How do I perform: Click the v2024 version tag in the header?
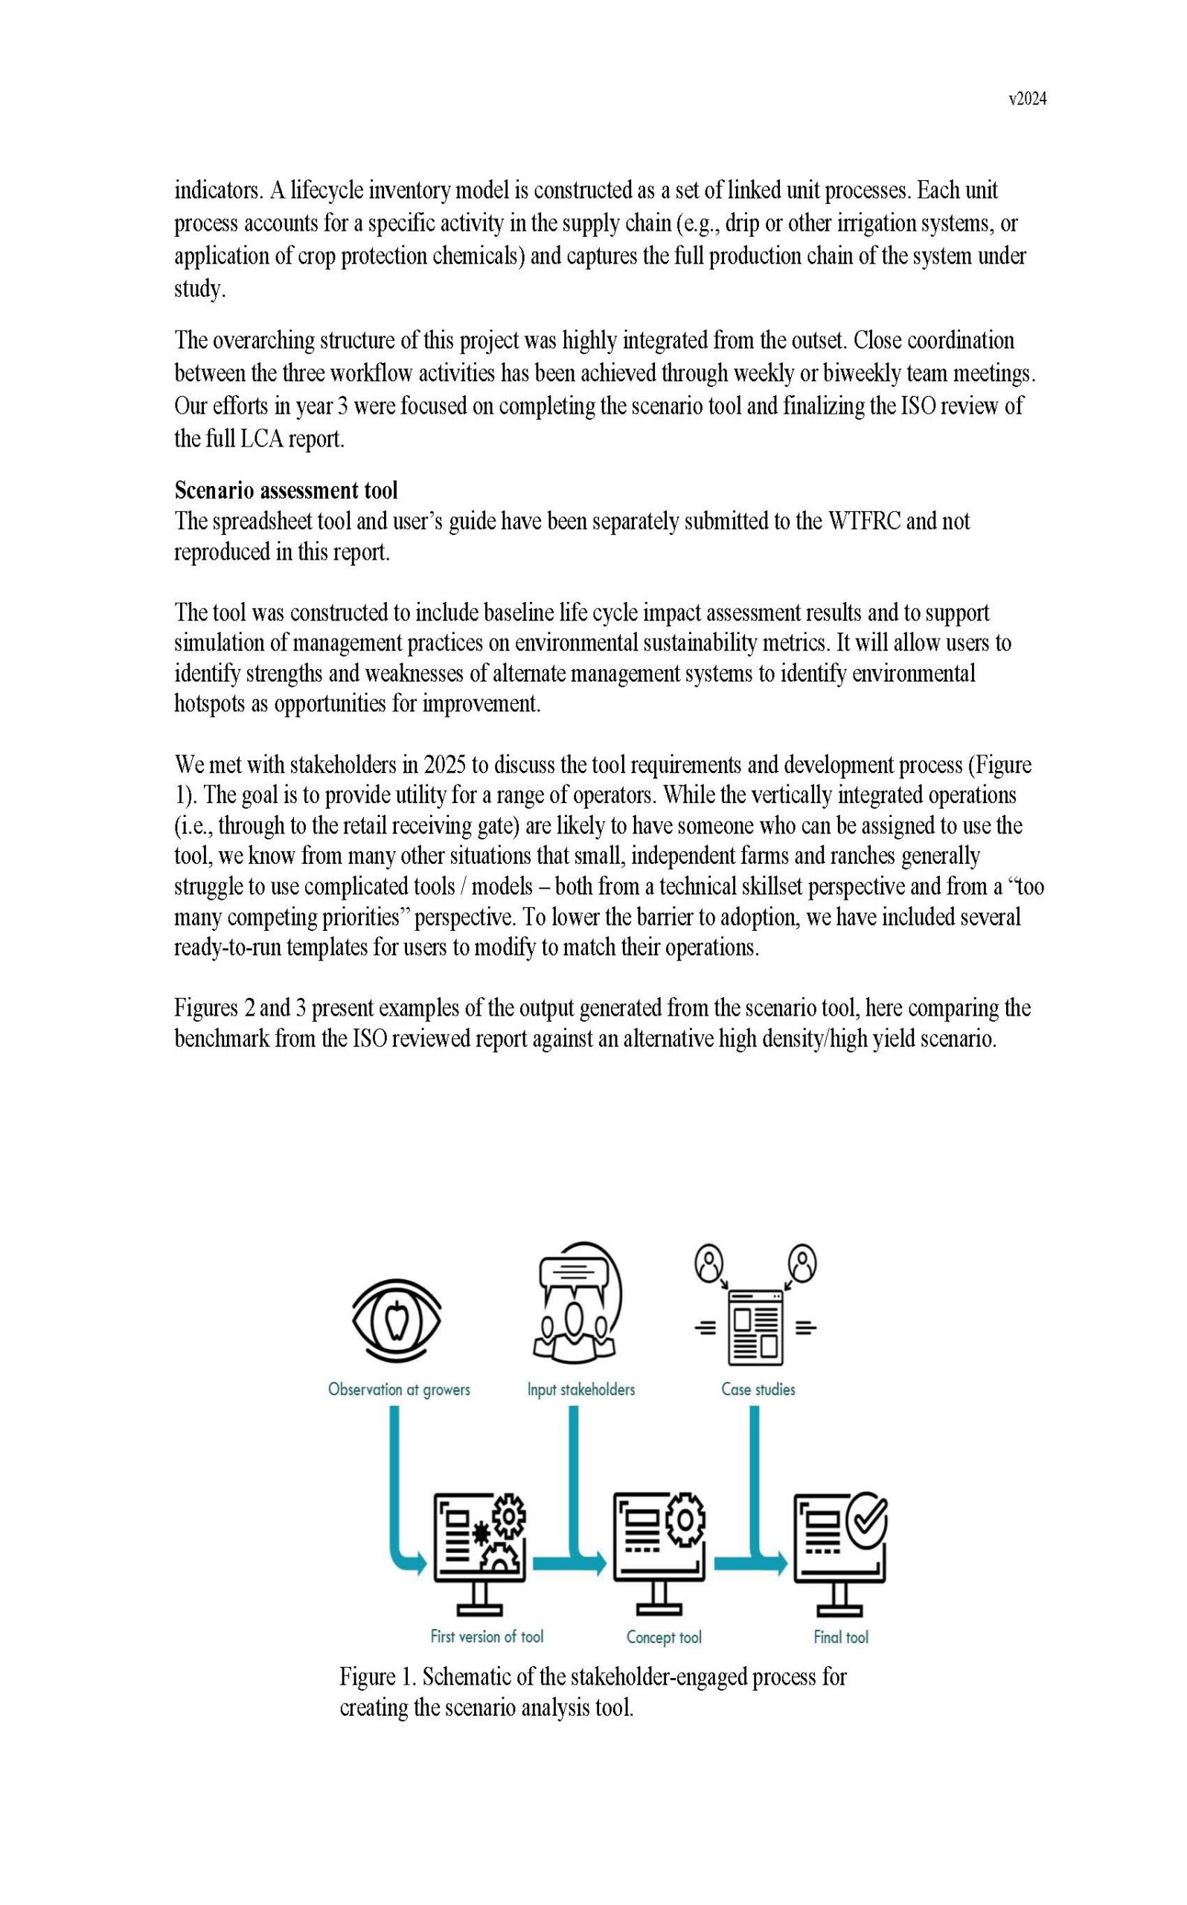1027,99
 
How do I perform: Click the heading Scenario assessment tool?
286,490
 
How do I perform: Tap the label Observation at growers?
399,1389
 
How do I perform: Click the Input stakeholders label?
581,1389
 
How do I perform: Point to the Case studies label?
758,1389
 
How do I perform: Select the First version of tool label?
487,1636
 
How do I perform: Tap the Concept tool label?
663,1637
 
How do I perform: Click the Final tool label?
841,1637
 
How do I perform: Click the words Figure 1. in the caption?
377,1677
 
